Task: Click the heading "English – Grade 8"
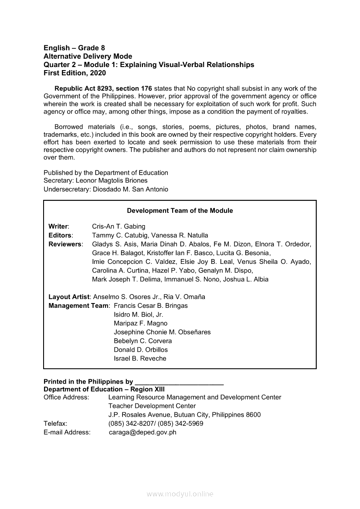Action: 74,48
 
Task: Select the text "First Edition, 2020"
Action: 75,73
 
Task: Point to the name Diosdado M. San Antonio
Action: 130,189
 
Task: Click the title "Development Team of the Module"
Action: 180,211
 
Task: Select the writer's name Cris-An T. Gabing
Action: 119,226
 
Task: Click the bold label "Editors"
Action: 60,235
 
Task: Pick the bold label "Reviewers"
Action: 65,244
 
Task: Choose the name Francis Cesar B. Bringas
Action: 150,306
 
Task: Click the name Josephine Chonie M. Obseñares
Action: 162,332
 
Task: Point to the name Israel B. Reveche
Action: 140,359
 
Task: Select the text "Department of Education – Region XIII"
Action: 104,389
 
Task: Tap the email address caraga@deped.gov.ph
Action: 143,432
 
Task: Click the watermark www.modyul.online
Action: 180,494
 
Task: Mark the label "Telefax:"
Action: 55,424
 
